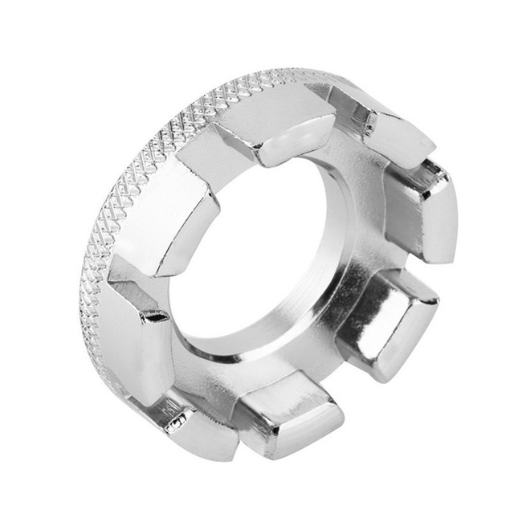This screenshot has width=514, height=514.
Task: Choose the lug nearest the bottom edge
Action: pos(289,418)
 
